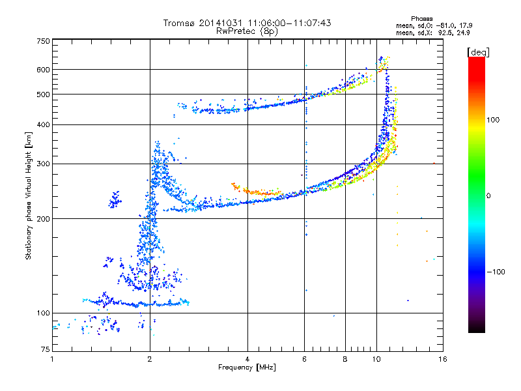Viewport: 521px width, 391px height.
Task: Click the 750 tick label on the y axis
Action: pyautogui.click(x=44, y=41)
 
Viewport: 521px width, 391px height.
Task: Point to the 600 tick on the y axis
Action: pyautogui.click(x=44, y=70)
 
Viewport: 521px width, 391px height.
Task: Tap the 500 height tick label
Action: pyautogui.click(x=44, y=94)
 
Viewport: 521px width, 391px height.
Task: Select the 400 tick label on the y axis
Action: pyautogui.click(x=44, y=125)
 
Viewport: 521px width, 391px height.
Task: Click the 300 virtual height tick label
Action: pyautogui.click(x=44, y=164)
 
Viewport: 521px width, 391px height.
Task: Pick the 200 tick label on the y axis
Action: pyautogui.click(x=44, y=219)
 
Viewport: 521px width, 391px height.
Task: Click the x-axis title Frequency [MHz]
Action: pyautogui.click(x=247, y=368)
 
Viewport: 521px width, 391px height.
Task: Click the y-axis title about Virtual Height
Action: pyautogui.click(x=29, y=195)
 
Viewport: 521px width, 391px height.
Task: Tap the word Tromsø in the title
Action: pyautogui.click(x=179, y=23)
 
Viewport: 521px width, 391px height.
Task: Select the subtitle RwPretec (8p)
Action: pyautogui.click(x=247, y=31)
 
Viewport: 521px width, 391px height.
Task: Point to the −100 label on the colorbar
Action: pyautogui.click(x=499, y=272)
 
